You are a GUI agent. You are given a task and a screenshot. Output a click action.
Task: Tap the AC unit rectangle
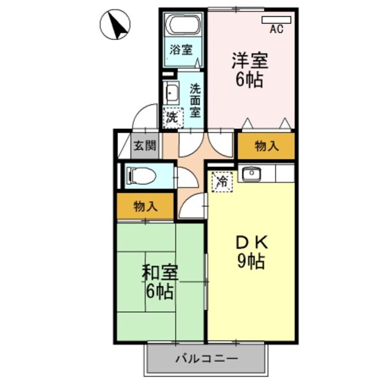coord(276,19)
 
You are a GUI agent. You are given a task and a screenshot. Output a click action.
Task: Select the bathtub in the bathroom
coord(183,25)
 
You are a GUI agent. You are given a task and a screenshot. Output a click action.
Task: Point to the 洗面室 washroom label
coord(195,100)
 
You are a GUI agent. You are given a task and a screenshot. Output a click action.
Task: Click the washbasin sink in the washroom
coord(171,95)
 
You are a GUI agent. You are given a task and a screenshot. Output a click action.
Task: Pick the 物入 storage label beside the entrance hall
coord(267,146)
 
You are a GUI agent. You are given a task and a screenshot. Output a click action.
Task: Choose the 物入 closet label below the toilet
coord(145,206)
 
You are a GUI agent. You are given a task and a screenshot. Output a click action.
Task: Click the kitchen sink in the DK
coord(251,173)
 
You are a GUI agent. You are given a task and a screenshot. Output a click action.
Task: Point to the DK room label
coord(252,242)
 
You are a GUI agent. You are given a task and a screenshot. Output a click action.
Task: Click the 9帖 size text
coord(252,260)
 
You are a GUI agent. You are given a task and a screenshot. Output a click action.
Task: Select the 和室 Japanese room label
coord(159,273)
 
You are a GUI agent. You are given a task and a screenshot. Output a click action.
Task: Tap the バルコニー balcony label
coord(207,359)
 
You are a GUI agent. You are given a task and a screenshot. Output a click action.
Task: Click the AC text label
coord(276,29)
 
